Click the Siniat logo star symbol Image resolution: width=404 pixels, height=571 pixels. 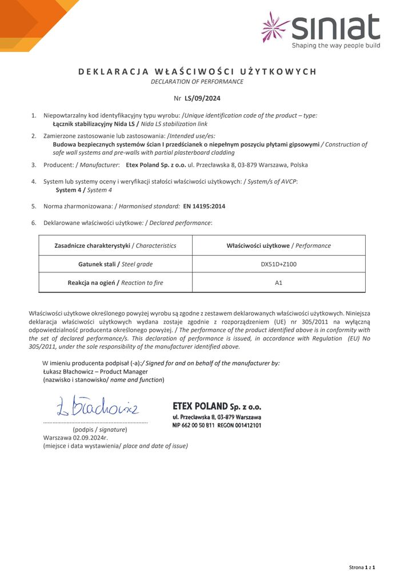275,27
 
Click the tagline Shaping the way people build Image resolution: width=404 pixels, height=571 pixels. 335,45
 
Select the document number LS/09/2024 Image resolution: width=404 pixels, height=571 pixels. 206,98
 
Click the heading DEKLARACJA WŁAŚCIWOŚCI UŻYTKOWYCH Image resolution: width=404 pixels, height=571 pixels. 197,71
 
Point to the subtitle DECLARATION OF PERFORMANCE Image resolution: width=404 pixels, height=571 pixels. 197,82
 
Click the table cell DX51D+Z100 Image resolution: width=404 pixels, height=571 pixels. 278,264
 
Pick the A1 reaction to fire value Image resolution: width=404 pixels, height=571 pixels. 278,283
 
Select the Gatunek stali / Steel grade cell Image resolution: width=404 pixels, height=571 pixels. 115,264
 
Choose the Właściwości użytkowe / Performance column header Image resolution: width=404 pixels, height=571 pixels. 278,246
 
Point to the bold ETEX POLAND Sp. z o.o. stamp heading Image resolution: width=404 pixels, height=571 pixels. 217,407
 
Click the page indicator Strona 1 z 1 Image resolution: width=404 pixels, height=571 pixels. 362,566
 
